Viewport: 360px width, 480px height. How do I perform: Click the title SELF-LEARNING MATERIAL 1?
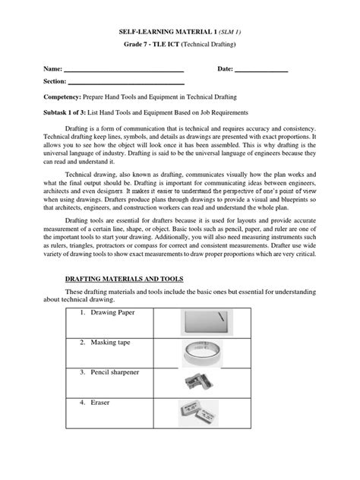pyautogui.click(x=163, y=33)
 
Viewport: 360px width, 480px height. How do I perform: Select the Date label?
pyautogui.click(x=225, y=69)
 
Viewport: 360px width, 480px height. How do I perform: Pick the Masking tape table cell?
pyautogui.click(x=103, y=343)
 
